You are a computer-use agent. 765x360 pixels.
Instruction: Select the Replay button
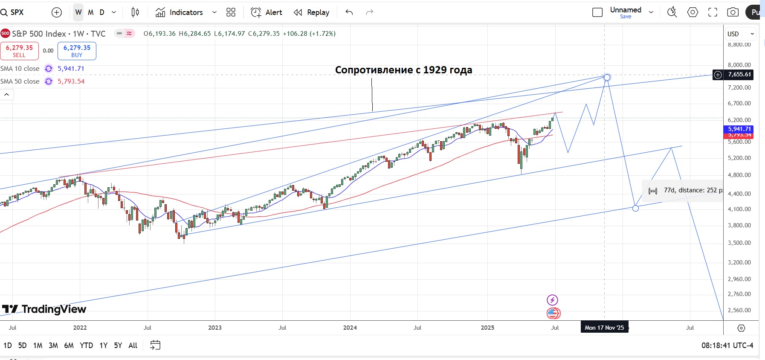(x=312, y=12)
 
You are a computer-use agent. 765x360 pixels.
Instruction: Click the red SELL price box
(x=19, y=51)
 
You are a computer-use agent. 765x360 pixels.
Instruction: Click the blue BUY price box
(x=77, y=51)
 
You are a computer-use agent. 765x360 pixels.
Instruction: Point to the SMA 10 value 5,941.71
(x=71, y=69)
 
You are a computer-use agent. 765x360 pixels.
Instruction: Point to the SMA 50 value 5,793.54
(x=71, y=81)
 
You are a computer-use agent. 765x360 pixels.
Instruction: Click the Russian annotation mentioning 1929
(x=403, y=70)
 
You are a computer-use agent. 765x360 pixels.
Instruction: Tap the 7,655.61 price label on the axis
(x=739, y=75)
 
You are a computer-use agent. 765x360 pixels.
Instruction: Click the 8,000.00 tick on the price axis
(x=739, y=65)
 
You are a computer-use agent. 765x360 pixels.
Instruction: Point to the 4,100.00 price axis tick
(x=739, y=209)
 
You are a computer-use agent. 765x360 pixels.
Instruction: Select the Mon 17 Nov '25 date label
(x=604, y=328)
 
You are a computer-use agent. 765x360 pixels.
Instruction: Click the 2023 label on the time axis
(x=215, y=328)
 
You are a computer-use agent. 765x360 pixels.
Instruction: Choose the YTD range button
(x=86, y=345)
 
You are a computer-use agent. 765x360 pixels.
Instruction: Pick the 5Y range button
(x=118, y=345)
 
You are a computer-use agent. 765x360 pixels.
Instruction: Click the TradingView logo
(x=44, y=309)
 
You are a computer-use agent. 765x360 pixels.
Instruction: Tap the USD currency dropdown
(x=741, y=34)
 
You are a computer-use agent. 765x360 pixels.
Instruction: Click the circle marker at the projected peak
(x=607, y=77)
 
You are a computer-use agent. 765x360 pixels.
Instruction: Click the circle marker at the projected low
(x=635, y=208)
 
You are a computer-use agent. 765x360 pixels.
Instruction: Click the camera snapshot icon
(x=733, y=12)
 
